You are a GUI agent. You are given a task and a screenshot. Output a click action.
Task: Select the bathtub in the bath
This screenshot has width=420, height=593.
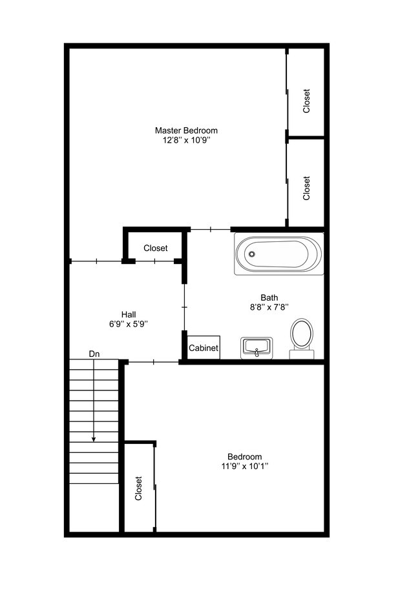coord(278,255)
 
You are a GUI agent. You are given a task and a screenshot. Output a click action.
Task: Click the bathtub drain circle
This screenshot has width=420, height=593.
coord(252,254)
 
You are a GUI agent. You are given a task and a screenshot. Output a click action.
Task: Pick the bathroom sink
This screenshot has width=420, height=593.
coord(257,348)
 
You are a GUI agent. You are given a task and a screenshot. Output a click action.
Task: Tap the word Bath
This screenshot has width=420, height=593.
coord(269,297)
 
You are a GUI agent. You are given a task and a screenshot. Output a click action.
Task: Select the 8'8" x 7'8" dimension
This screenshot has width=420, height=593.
coord(269,308)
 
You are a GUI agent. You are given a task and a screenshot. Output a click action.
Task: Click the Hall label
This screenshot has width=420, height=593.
coord(129,314)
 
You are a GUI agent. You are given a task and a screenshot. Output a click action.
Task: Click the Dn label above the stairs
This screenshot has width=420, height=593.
coord(94,354)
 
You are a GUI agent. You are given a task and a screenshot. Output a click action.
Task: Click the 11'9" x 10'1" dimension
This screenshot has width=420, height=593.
coord(244,466)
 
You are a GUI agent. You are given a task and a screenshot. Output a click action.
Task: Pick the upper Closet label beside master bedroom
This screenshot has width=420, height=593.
coord(307,101)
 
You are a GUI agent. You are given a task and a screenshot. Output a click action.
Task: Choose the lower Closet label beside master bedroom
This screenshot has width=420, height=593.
coord(307,188)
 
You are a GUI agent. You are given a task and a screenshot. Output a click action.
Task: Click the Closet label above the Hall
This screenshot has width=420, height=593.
coord(156,248)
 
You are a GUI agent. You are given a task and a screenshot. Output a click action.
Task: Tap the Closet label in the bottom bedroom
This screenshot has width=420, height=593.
coord(138,488)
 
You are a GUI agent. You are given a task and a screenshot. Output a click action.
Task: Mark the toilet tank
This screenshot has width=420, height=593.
coord(301,354)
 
